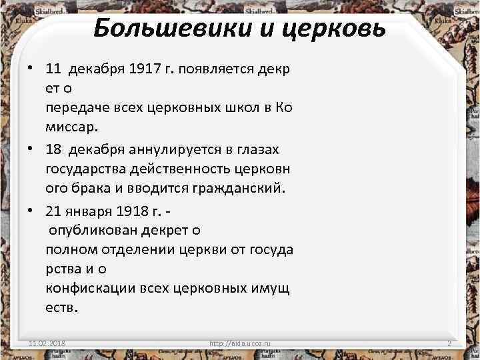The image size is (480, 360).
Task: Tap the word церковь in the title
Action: pyautogui.click(x=331, y=29)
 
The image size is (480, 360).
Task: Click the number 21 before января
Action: pyautogui.click(x=54, y=211)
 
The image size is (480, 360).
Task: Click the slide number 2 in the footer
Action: pyautogui.click(x=449, y=343)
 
